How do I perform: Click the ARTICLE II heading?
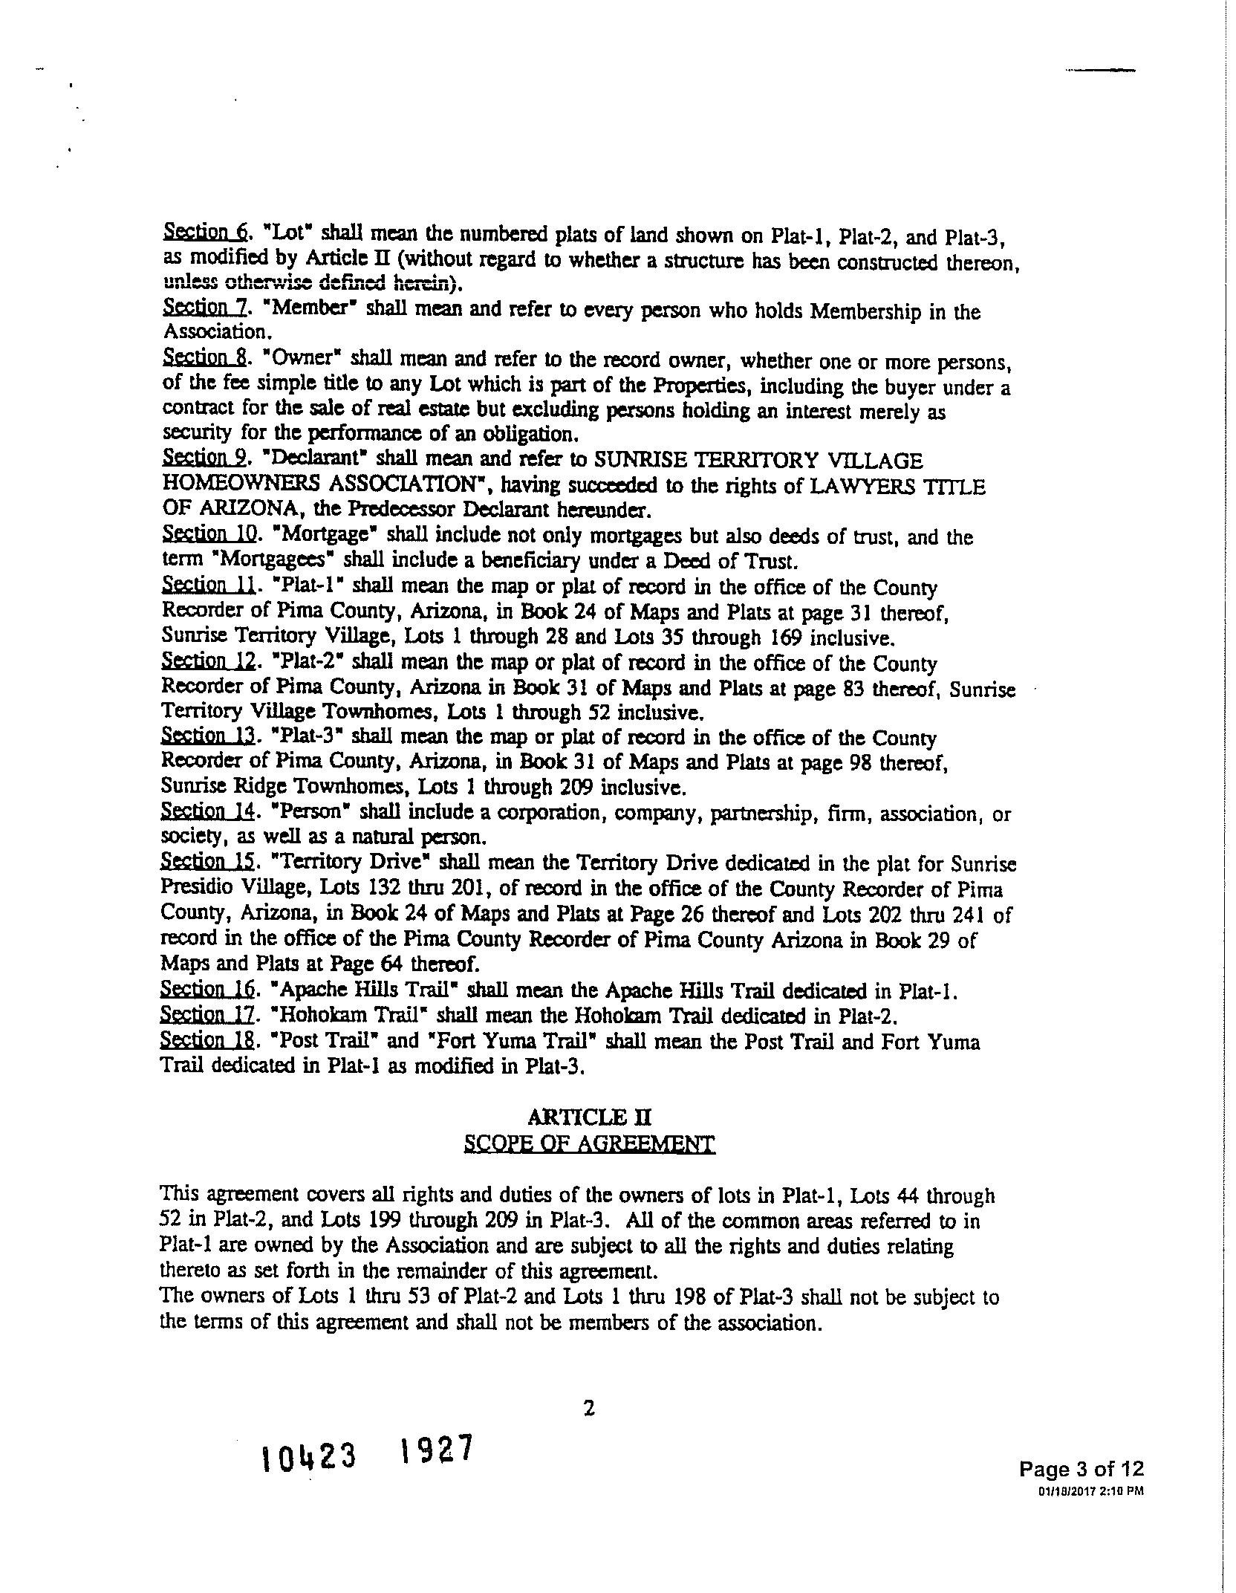[589, 1117]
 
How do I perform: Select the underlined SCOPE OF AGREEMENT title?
[589, 1143]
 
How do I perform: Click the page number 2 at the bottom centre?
[589, 1408]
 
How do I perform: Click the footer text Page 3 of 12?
[1081, 1468]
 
